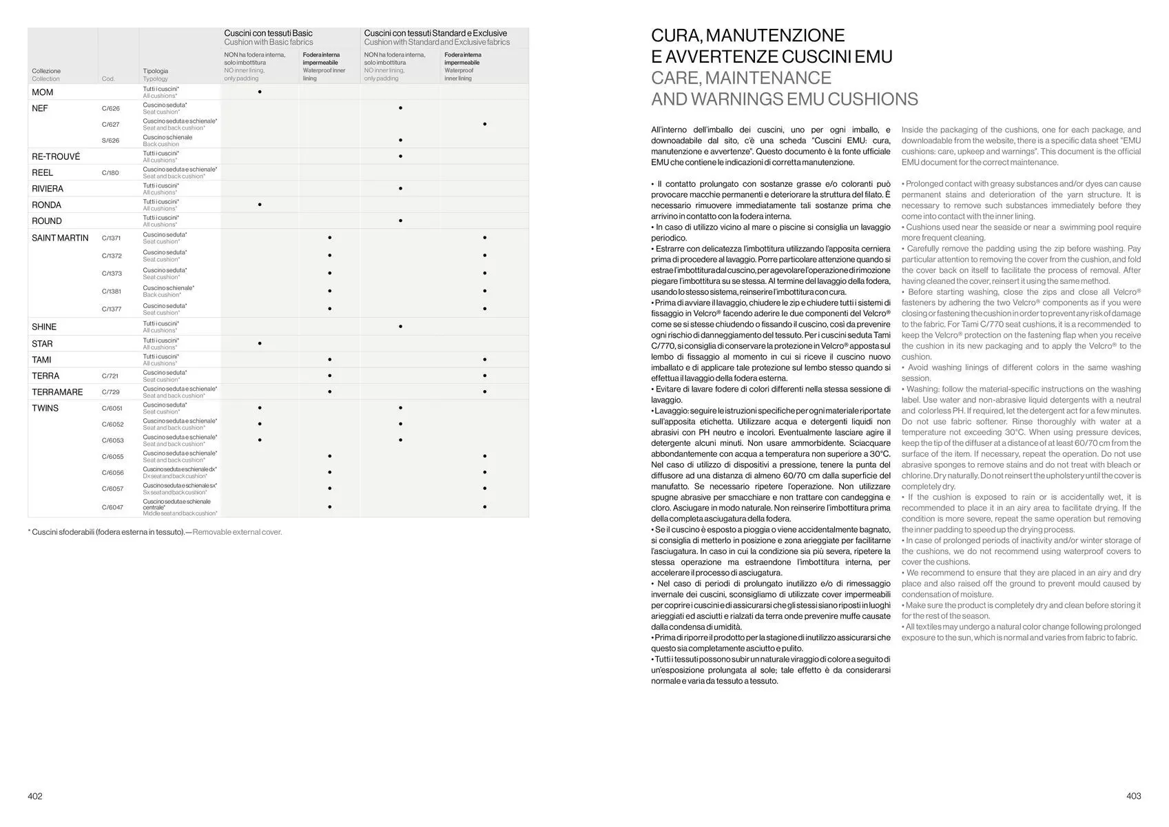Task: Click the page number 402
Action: click(35, 796)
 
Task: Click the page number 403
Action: click(1133, 796)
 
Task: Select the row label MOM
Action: click(42, 92)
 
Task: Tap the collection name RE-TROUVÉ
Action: click(56, 156)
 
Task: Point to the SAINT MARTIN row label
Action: click(60, 238)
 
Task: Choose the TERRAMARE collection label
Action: click(57, 392)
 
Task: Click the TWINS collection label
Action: click(45, 408)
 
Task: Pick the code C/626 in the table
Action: click(110, 108)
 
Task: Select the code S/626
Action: click(110, 141)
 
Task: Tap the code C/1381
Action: click(112, 292)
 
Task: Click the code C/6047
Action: click(112, 507)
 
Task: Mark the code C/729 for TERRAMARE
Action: click(110, 392)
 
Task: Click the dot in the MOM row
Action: click(260, 92)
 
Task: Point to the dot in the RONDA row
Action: click(260, 205)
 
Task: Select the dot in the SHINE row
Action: click(400, 327)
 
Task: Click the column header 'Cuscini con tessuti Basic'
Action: click(268, 33)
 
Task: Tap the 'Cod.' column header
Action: click(108, 79)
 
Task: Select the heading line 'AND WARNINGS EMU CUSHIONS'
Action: click(784, 99)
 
